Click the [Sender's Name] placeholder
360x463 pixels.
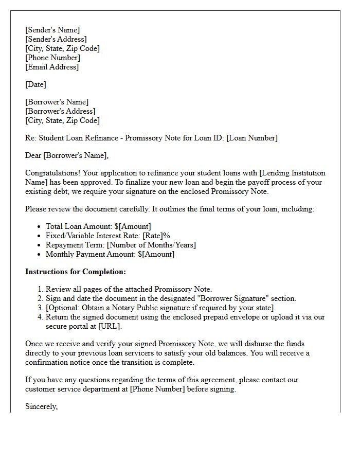point(52,30)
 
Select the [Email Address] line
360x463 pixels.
point(52,67)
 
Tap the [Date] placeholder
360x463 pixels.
point(35,84)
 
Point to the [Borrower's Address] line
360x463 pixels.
point(60,111)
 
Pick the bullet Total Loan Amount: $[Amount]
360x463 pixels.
point(98,226)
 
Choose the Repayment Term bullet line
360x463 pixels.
point(120,245)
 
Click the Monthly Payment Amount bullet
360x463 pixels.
point(110,254)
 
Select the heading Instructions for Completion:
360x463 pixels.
point(76,272)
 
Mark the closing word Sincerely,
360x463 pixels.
point(41,406)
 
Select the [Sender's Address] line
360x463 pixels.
point(56,39)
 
